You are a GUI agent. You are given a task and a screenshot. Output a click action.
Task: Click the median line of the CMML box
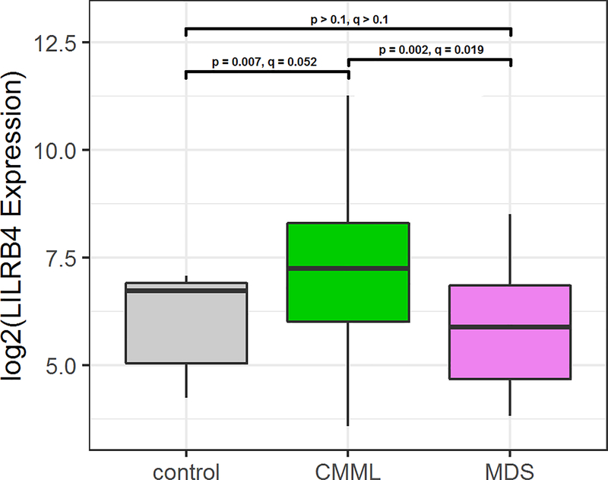click(348, 269)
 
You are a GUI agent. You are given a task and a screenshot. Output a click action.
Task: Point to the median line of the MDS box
click(510, 327)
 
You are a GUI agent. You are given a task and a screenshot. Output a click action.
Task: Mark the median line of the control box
click(186, 291)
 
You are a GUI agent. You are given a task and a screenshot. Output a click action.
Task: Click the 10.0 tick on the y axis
click(59, 151)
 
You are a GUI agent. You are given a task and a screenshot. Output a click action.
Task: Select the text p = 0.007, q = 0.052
click(264, 62)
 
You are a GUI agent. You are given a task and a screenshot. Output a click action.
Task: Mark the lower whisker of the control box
click(186, 380)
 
